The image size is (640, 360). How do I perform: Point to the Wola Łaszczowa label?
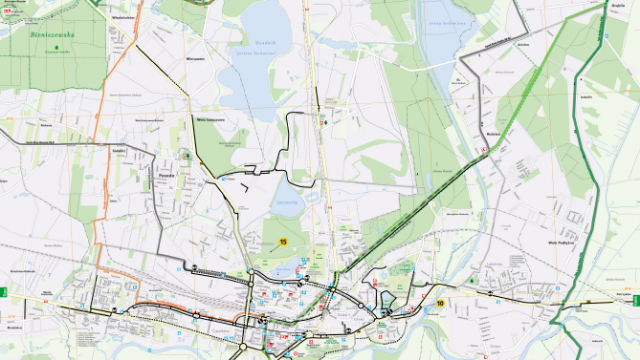(x=209, y=120)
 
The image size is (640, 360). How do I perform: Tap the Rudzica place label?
(x=492, y=131)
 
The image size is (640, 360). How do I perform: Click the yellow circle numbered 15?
(x=283, y=242)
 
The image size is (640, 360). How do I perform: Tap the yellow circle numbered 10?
(x=439, y=303)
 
